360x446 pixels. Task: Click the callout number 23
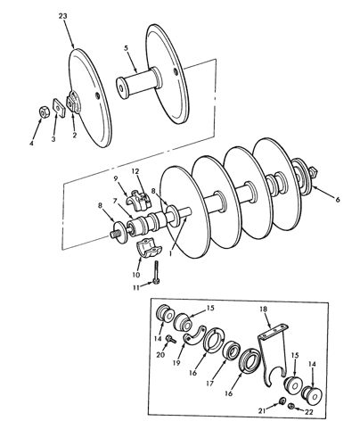coord(61,17)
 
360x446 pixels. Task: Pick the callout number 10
coord(137,275)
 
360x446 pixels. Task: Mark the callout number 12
coord(135,169)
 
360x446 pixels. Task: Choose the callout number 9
coord(115,178)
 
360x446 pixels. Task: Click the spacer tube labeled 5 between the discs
coord(137,88)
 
